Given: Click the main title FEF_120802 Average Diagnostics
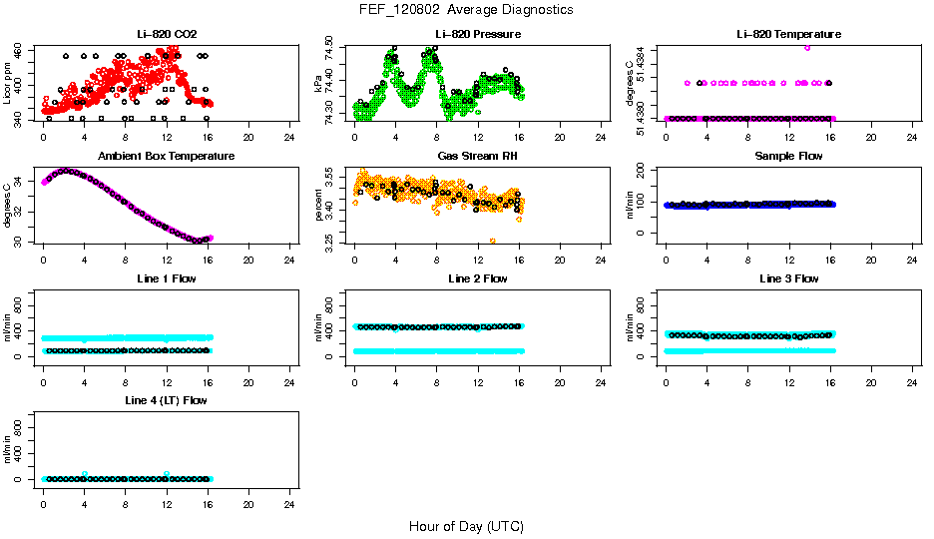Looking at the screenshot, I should (467, 9).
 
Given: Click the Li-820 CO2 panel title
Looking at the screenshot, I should (166, 34).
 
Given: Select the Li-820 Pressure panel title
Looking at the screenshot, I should (477, 34).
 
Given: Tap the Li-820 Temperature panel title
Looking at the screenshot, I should (788, 34).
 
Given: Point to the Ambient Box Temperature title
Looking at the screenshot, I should (166, 156).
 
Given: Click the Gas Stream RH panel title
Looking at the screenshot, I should (477, 156).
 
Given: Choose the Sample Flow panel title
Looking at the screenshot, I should (788, 156).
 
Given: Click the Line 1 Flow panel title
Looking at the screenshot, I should (166, 278).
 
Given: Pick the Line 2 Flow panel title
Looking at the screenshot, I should (477, 278).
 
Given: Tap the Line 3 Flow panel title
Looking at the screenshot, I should (788, 278).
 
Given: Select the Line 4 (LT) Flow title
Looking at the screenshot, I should (166, 400).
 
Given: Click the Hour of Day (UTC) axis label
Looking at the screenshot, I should (466, 526).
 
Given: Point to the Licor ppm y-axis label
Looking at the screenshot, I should (8, 83).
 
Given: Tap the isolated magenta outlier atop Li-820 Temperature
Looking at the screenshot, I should (807, 47).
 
